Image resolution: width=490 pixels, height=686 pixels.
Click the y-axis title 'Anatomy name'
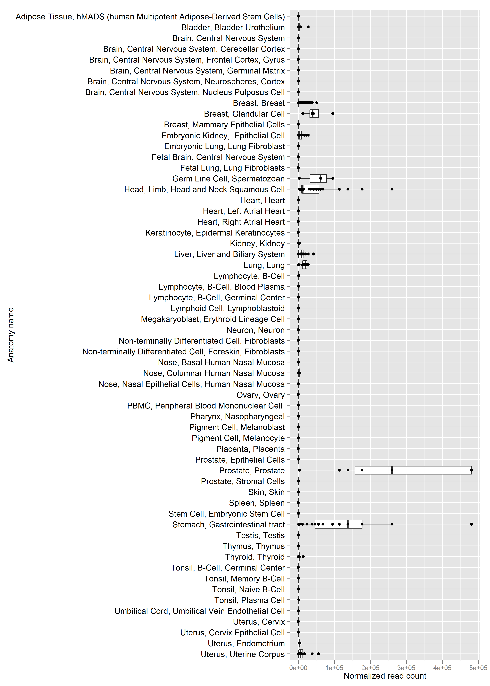click(x=11, y=335)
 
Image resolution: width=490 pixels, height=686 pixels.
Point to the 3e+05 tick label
click(x=406, y=668)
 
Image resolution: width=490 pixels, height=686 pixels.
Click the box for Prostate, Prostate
click(x=413, y=470)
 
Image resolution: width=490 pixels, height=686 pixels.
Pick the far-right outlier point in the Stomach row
click(x=472, y=524)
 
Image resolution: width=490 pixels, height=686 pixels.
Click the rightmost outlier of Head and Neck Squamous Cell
click(x=392, y=189)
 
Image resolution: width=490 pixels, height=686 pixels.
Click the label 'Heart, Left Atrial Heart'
click(x=244, y=211)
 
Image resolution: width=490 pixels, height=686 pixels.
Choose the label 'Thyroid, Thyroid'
click(x=255, y=557)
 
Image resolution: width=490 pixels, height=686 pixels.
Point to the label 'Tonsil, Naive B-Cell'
click(x=249, y=589)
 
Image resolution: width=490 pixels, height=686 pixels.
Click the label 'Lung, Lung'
click(x=264, y=265)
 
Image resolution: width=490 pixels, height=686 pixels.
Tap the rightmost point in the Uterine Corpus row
click(x=318, y=654)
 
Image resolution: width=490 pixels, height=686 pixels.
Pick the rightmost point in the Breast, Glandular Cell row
click(x=333, y=113)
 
